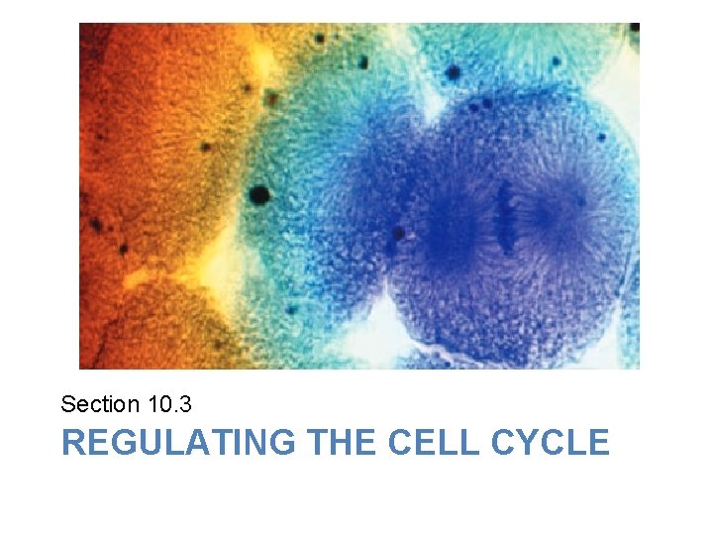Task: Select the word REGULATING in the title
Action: coord(177,442)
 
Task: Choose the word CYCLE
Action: coord(550,442)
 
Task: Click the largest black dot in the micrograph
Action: coord(259,194)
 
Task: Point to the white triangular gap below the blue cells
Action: coord(381,337)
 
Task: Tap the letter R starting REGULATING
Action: coord(73,442)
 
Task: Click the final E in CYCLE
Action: coord(598,442)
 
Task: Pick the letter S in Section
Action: coord(67,404)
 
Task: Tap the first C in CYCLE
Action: coord(503,442)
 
